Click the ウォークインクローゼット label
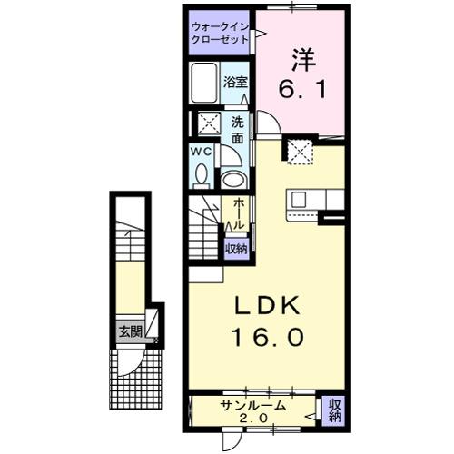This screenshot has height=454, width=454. tap(222, 33)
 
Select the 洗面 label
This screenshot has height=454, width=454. tap(236, 130)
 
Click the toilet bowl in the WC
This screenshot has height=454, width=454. tap(202, 174)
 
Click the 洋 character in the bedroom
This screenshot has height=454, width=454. tap(302, 60)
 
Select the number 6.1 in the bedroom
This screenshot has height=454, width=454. tap(302, 89)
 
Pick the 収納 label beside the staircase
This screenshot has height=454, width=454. tap(236, 247)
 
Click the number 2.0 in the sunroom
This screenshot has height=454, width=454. tap(253, 419)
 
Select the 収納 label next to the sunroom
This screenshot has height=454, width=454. tap(333, 410)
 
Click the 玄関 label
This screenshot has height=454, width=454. tap(129, 331)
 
